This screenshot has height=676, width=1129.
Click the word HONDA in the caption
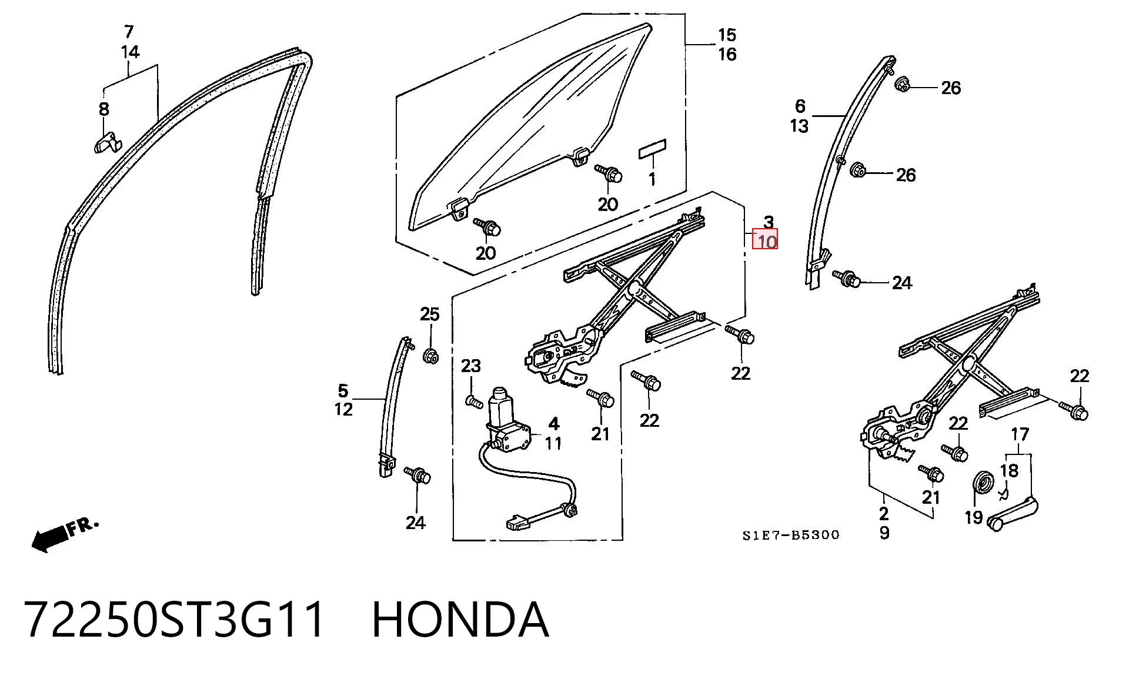pos(460,620)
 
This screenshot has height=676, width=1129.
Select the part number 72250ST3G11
pos(175,620)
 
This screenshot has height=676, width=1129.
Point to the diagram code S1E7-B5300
pos(790,535)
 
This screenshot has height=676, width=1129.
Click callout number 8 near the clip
pos(104,109)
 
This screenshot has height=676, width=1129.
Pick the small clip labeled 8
pos(107,143)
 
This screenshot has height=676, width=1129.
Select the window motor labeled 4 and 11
pos(507,421)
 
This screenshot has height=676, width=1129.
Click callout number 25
pos(430,314)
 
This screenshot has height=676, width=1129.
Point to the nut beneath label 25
pos(430,356)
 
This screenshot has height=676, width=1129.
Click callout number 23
pos(471,366)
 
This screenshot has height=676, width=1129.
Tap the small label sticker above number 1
pos(652,149)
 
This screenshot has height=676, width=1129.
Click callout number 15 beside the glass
pos(727,35)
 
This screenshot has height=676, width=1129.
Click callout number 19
pos(974,517)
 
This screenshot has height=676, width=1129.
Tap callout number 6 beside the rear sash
pos(800,106)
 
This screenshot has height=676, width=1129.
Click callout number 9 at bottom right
pos(884,533)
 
